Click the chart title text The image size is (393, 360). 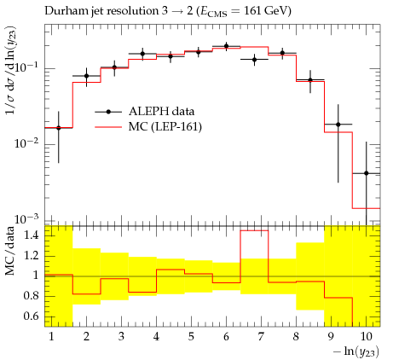point(168,11)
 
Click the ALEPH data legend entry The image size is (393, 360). point(145,112)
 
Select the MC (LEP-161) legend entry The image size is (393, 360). point(148,126)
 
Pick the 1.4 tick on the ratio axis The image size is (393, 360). point(31,235)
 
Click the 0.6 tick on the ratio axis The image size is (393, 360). point(31,316)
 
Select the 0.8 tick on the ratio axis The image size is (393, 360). point(31,296)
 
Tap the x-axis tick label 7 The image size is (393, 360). point(261,337)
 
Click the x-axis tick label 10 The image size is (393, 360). point(366,337)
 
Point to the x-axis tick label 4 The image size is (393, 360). point(156,337)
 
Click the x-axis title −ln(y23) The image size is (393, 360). point(356,351)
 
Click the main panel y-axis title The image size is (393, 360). point(11,71)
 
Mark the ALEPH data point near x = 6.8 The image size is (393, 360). point(254,60)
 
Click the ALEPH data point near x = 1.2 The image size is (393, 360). point(59,128)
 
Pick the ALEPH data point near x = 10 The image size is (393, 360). point(367,173)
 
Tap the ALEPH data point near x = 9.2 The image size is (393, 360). point(338,125)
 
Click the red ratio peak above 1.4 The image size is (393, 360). point(254,230)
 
